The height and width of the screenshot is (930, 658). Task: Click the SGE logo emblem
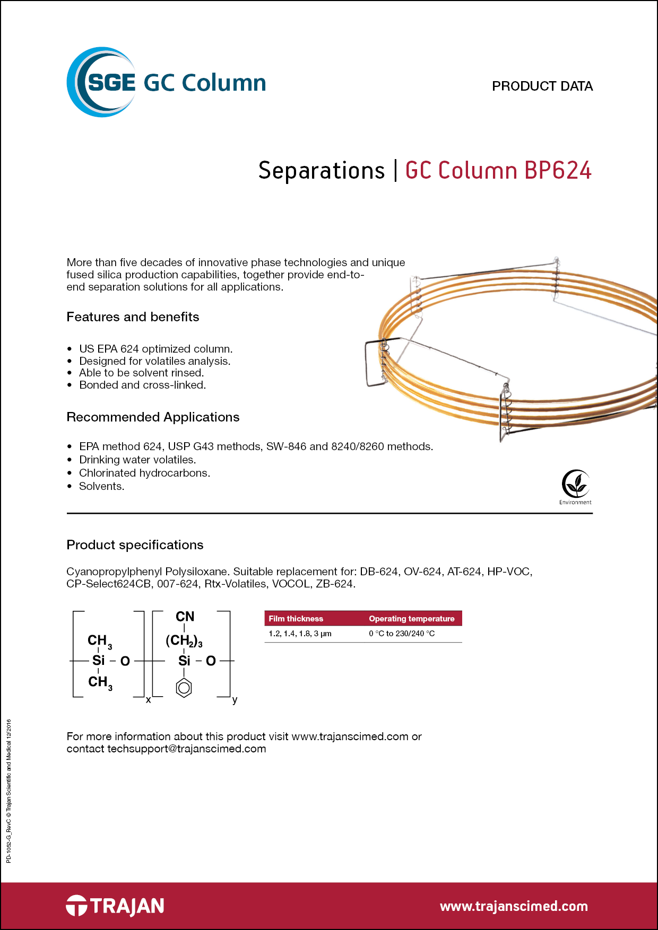(101, 82)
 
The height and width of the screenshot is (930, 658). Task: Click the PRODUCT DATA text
(542, 86)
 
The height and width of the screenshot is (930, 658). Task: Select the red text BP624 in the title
(558, 171)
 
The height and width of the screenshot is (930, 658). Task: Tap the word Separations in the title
(321, 171)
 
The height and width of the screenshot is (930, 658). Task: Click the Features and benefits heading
(133, 317)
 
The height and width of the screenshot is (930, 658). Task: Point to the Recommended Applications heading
(153, 417)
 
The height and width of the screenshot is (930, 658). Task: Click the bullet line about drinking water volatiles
(137, 460)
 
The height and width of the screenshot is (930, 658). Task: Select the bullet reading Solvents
(101, 486)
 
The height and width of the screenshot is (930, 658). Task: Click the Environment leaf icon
(575, 484)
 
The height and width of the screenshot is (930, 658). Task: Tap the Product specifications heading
(135, 545)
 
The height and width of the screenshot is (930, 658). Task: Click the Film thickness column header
(296, 619)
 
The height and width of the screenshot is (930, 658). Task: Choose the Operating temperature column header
(411, 619)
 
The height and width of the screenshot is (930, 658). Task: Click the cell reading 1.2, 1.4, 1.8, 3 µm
(300, 634)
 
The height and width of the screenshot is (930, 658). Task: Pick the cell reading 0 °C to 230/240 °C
(402, 634)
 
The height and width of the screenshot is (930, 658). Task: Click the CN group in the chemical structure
(185, 617)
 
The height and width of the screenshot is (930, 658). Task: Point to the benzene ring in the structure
(184, 688)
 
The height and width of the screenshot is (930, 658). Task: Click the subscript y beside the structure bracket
(235, 700)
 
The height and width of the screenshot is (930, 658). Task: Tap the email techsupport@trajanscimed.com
(186, 749)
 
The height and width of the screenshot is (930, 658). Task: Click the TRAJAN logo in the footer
(115, 906)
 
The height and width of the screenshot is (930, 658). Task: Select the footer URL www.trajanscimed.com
(513, 906)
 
